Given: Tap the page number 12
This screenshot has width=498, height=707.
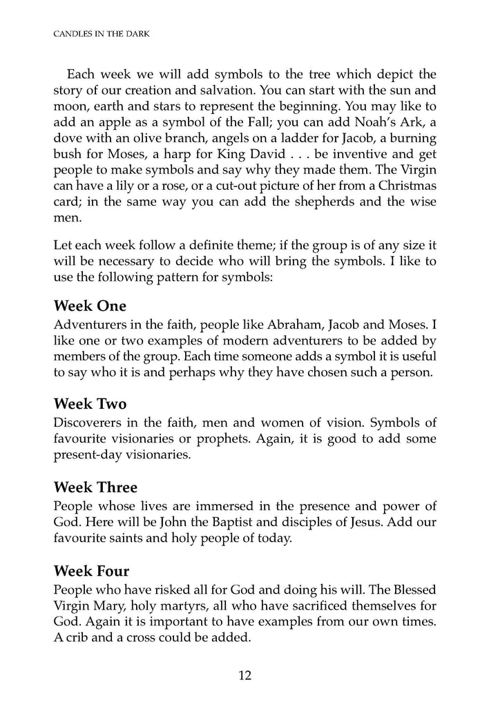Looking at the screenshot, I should (245, 675).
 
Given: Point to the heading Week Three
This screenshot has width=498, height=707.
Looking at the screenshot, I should (95, 486).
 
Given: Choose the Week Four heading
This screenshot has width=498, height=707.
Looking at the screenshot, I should (93, 570).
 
